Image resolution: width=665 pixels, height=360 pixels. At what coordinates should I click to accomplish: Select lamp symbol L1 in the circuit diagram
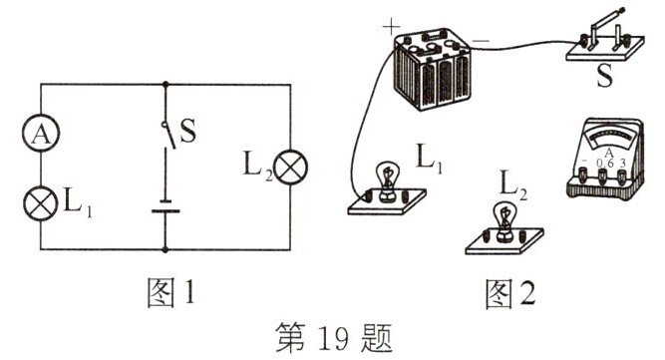41,202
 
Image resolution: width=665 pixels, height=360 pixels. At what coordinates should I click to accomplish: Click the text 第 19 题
333,335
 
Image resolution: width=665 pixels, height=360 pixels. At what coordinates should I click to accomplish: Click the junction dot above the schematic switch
166,84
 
